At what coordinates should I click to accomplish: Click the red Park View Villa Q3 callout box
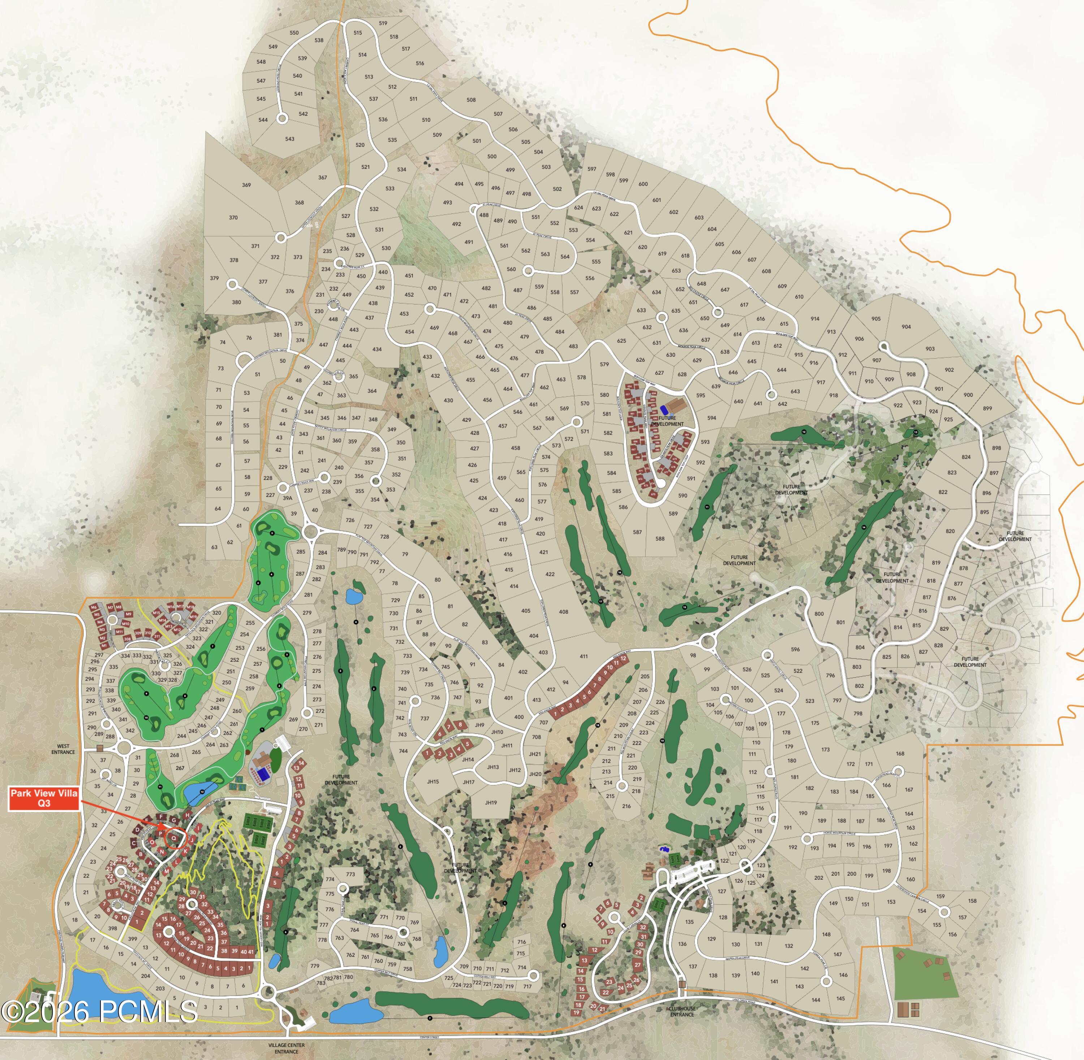tap(44, 798)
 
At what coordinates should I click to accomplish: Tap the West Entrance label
tap(63, 749)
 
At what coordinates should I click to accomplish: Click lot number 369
tap(246, 185)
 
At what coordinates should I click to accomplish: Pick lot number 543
tap(290, 139)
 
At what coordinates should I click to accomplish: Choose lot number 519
tap(383, 23)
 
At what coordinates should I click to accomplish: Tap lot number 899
tap(987, 408)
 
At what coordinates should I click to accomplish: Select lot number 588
tap(660, 538)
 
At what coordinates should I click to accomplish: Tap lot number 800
tap(819, 614)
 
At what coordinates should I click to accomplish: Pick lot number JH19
tap(490, 802)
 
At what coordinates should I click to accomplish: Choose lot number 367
tap(323, 177)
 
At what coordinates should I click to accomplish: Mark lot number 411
tap(584, 656)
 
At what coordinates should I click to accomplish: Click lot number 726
tap(350, 520)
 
